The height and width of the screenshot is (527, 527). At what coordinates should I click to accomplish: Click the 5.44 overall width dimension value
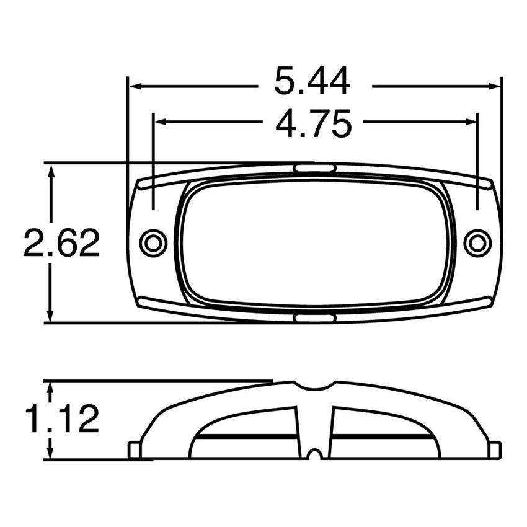(312, 82)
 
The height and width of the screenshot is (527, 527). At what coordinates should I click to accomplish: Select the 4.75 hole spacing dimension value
(314, 123)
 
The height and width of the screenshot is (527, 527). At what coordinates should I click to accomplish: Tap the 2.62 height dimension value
(61, 243)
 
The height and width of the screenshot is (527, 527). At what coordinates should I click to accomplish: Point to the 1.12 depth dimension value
(61, 420)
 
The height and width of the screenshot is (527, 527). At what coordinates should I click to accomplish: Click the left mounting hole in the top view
(153, 242)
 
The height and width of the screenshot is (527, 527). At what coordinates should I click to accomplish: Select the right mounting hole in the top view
(477, 242)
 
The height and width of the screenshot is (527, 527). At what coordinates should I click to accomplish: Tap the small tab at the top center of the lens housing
(314, 168)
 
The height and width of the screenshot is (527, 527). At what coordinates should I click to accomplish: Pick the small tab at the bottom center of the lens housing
(314, 318)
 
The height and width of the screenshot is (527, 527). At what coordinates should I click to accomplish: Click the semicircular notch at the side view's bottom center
(315, 455)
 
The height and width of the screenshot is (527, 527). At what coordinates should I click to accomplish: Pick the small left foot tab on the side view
(133, 449)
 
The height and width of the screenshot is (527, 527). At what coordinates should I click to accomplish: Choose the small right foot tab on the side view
(495, 449)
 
